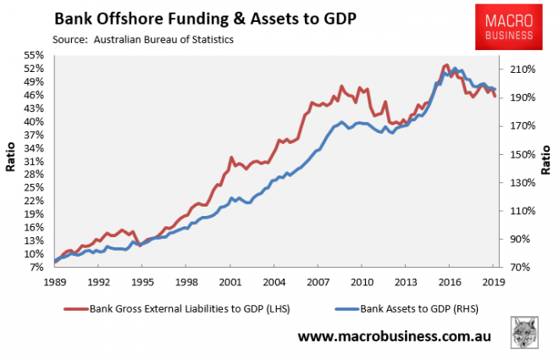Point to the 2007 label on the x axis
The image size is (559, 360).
point(318,280)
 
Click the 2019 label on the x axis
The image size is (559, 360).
point(494,280)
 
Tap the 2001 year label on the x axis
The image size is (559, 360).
point(230,280)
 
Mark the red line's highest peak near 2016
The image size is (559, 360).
point(446,64)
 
